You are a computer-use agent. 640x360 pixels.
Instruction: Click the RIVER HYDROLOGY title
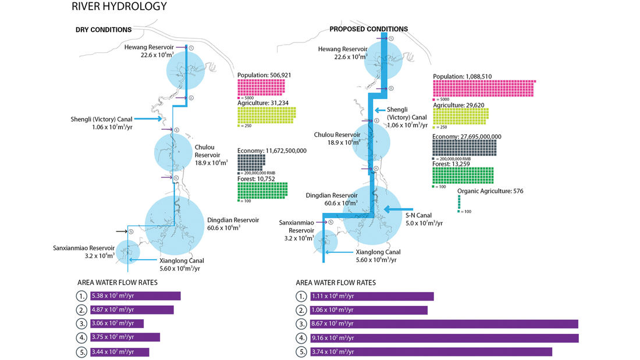[119, 7]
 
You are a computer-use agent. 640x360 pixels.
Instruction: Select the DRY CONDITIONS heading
[103, 30]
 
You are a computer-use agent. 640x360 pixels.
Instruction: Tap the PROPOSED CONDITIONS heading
[368, 29]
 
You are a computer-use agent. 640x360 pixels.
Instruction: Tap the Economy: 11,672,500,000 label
[272, 151]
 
